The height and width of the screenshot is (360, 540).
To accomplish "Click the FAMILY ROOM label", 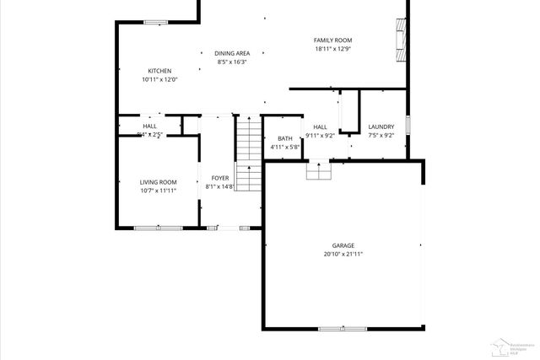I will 332,40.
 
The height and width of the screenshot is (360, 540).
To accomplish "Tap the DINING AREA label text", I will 231,53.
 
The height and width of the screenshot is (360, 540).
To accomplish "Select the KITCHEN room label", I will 160,71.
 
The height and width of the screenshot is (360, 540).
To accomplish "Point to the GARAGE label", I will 343,245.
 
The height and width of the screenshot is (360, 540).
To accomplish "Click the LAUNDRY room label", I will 381,127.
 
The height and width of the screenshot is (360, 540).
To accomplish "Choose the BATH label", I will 285,138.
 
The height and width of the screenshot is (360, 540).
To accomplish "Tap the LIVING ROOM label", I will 158,182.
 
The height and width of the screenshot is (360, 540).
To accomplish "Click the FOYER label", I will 219,178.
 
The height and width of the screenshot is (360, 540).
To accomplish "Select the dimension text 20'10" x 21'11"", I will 343,254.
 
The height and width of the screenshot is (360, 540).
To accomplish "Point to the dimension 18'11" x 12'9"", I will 332,49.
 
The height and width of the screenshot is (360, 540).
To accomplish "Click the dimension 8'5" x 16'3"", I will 231,62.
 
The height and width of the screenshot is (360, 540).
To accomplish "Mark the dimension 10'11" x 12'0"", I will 160,79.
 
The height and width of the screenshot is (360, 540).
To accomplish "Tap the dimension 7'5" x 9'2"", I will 381,136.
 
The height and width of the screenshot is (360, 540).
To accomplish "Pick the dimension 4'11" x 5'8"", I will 285,147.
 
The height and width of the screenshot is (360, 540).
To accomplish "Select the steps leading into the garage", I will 317,170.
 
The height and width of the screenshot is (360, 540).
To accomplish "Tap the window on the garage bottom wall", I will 342,328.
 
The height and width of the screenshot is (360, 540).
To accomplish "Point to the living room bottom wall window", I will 158,227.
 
